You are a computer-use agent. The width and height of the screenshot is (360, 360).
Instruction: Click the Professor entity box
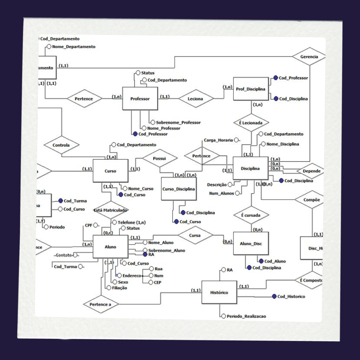point(140,99)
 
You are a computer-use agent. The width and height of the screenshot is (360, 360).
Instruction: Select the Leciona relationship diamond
point(196,99)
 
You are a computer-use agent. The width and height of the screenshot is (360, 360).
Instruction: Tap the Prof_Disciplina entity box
point(251,89)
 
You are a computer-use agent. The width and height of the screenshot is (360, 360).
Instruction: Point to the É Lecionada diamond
point(251,123)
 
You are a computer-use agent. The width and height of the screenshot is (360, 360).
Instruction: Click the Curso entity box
point(110,171)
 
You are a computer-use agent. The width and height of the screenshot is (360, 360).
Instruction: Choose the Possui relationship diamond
point(159,158)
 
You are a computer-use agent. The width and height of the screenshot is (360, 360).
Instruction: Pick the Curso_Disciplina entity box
point(179,189)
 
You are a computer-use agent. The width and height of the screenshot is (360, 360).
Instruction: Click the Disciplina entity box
point(250,169)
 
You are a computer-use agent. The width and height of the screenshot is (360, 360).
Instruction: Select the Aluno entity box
point(110,247)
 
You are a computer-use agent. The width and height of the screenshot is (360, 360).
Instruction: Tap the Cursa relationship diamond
point(195,236)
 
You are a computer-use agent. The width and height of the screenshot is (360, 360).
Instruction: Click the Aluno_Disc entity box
point(251,243)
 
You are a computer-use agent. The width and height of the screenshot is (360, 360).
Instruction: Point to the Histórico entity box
point(219,292)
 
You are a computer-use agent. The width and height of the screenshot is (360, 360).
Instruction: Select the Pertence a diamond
point(101,304)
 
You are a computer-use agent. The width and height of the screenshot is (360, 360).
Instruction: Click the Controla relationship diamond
point(61,145)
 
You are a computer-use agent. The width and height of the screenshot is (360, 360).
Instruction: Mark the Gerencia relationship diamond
point(309,57)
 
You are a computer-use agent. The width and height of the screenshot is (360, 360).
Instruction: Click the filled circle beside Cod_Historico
point(274,296)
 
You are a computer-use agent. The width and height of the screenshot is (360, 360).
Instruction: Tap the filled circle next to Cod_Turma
point(60,201)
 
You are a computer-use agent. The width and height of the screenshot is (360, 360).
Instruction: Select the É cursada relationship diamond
point(251,215)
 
